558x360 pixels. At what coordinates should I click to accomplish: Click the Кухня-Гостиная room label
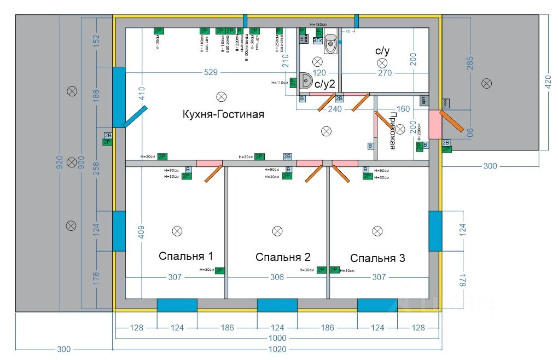(223, 115)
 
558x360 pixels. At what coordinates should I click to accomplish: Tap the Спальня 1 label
(185, 256)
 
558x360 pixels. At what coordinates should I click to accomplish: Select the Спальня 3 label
(377, 258)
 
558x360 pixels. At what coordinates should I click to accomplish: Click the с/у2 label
(324, 84)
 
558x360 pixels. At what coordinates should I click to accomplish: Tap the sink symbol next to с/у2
(305, 81)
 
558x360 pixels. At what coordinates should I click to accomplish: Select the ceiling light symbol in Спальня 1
(177, 231)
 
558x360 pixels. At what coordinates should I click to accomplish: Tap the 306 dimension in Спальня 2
(277, 277)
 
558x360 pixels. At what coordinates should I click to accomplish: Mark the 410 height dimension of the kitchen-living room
(141, 96)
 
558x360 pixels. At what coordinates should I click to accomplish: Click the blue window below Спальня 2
(277, 305)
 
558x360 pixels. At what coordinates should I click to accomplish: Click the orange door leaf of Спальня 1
(213, 173)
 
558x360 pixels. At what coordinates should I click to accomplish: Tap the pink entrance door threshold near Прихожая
(435, 124)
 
